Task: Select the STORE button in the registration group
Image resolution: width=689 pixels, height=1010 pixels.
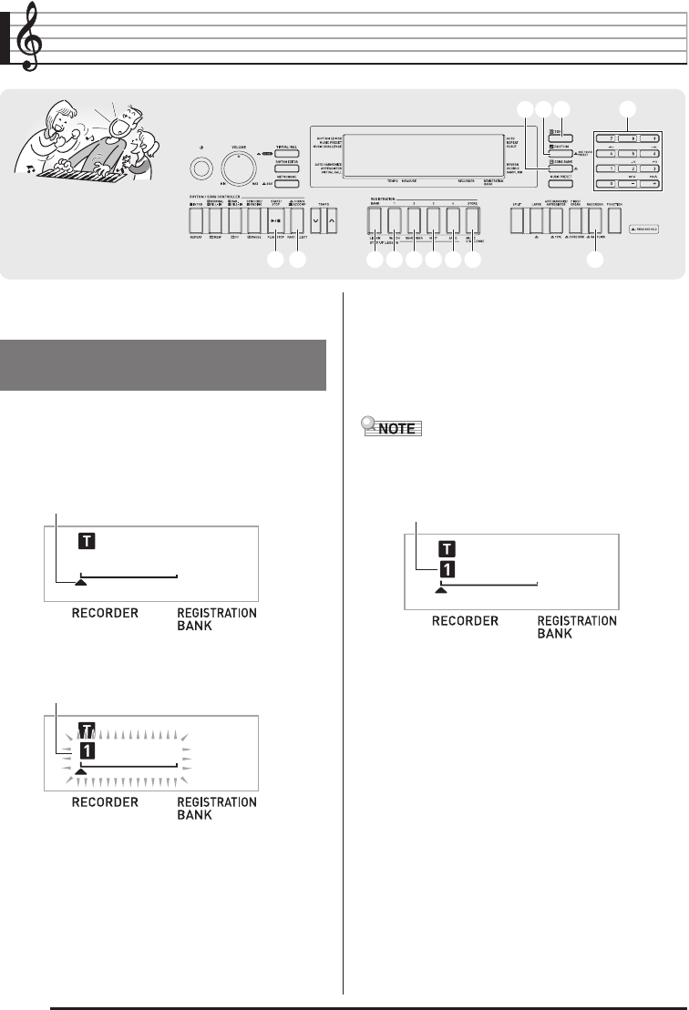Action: click(472, 220)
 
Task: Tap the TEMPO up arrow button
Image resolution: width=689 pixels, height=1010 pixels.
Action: click(332, 219)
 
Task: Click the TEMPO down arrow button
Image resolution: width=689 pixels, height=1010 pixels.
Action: click(314, 219)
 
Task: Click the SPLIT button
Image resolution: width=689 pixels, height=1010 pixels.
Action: click(518, 220)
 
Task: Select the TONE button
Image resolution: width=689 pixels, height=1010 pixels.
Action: click(560, 133)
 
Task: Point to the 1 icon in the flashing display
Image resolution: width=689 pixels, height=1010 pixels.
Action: click(87, 752)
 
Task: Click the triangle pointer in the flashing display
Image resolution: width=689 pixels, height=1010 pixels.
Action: click(81, 770)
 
